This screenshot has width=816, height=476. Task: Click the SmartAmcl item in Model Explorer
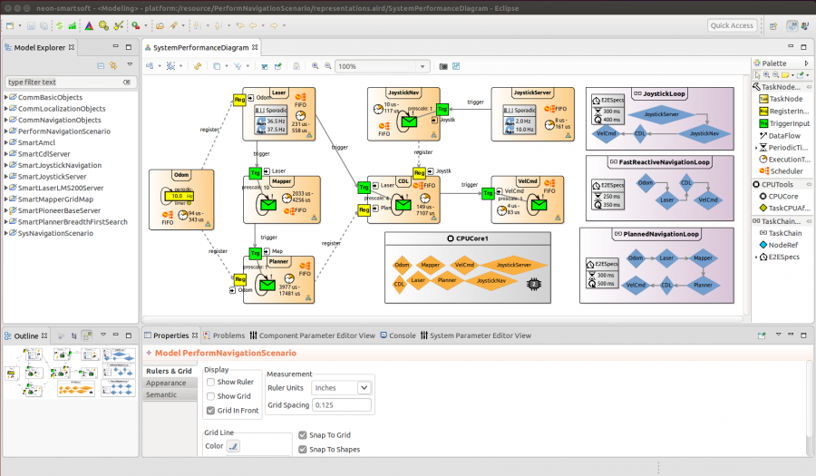(37, 142)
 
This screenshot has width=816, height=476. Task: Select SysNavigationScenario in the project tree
(55, 233)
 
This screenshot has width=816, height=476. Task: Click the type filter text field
(63, 83)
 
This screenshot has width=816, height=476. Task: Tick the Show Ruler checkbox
(210, 383)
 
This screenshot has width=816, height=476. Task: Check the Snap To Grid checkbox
(302, 435)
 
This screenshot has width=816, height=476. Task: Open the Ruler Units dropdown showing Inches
(341, 387)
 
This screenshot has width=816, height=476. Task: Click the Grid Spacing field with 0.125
(341, 404)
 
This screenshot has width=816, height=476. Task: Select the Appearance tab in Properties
(166, 383)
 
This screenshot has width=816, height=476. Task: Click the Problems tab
(228, 335)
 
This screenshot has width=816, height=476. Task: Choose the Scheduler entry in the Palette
(785, 170)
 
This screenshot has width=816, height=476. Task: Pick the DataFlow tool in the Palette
(784, 134)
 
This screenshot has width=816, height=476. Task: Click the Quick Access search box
(732, 25)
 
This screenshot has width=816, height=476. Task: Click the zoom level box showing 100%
(381, 66)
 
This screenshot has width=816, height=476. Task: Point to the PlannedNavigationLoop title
(661, 234)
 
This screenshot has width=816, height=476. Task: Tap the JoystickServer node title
(532, 92)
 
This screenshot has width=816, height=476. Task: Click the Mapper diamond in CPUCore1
(431, 265)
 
